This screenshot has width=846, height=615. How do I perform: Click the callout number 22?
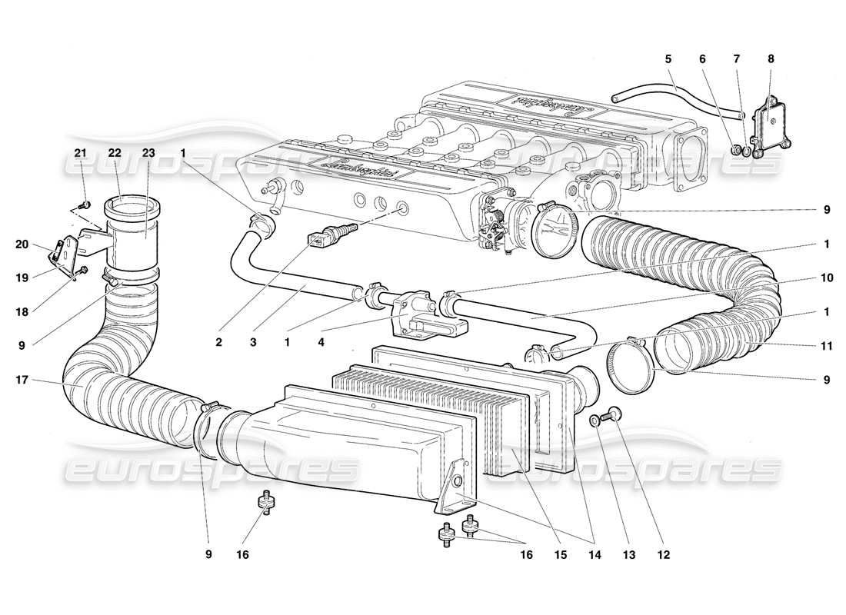[115, 153]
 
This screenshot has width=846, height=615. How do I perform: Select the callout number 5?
[668, 58]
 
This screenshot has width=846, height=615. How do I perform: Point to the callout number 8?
[771, 58]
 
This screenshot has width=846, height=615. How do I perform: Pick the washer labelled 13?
[595, 421]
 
